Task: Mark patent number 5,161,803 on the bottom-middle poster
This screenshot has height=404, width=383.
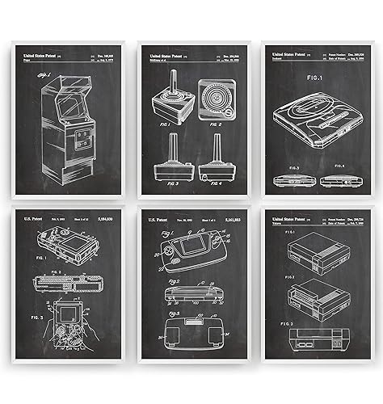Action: [231, 219]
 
